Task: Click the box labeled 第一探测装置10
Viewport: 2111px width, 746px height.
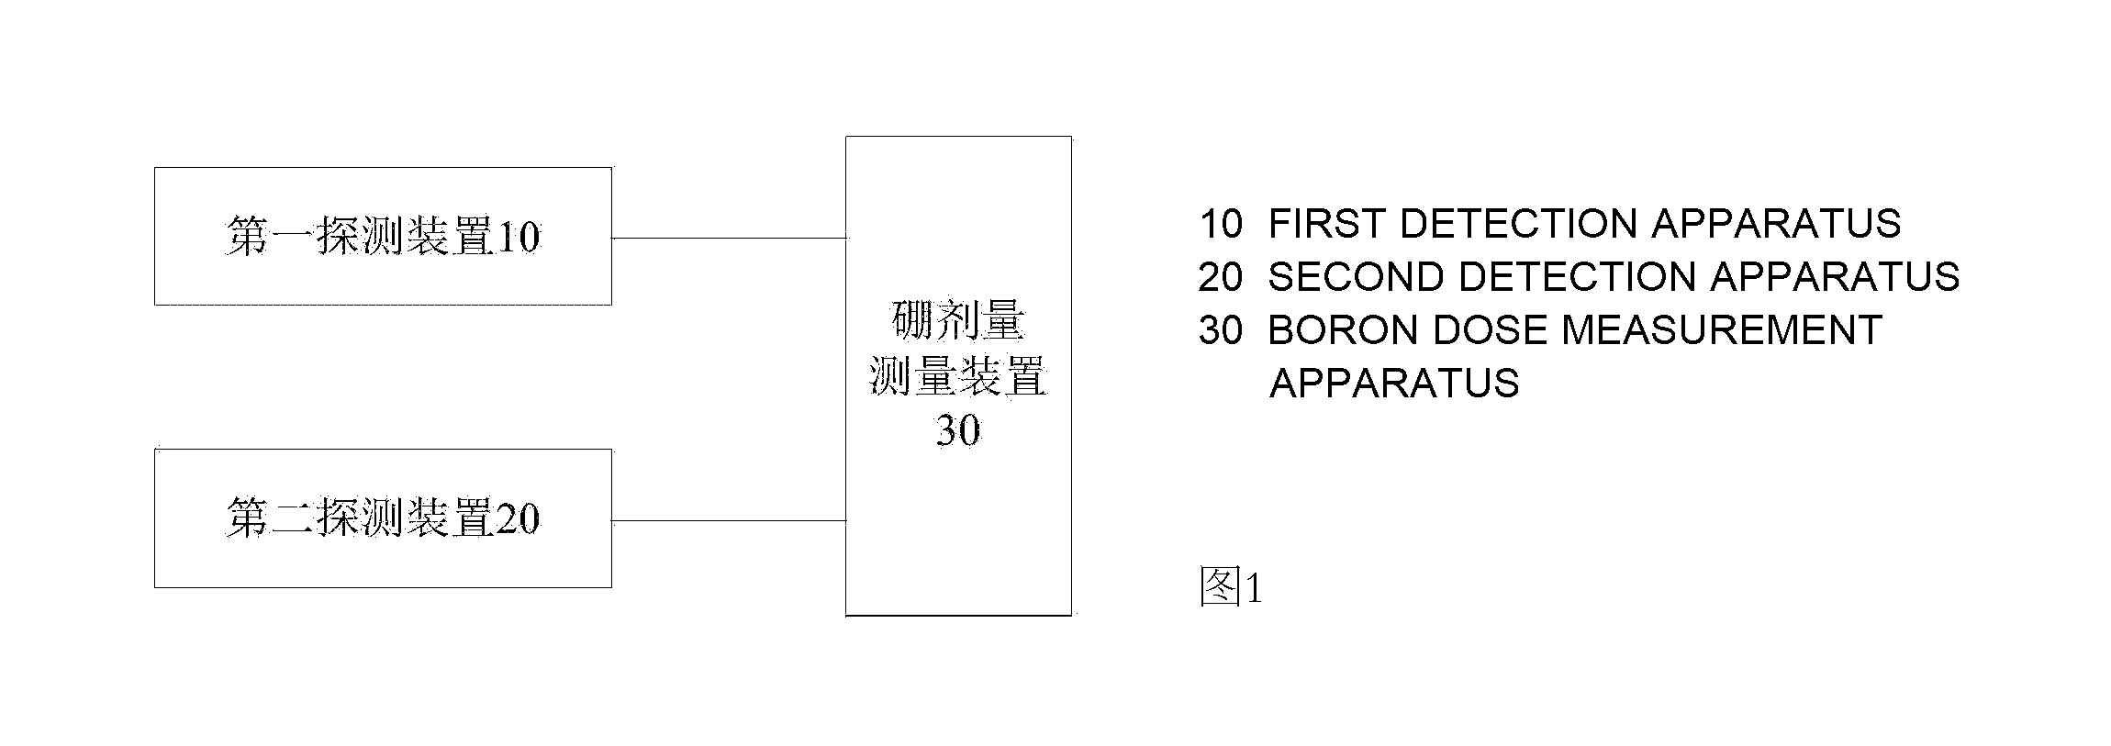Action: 383,236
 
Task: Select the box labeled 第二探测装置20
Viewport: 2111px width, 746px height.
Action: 383,518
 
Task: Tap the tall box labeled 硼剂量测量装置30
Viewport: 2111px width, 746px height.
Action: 958,375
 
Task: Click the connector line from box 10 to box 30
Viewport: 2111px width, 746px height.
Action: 729,238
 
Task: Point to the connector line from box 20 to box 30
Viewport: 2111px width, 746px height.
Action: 729,520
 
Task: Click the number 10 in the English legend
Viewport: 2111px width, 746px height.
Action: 1222,224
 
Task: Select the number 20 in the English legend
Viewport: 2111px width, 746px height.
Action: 1221,277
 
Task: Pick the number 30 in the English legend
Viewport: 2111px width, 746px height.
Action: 1221,330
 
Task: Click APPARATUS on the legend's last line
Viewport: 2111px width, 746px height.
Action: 1394,384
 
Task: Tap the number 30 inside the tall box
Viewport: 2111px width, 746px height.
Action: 958,430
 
